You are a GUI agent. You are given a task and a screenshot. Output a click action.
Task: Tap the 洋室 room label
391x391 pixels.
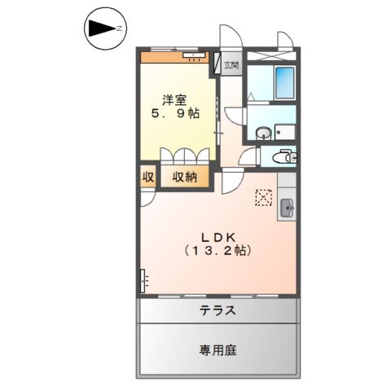tap(174, 100)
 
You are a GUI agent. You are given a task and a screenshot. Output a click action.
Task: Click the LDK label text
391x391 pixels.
tap(216, 235)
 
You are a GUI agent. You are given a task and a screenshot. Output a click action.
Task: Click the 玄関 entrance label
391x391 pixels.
tap(232, 64)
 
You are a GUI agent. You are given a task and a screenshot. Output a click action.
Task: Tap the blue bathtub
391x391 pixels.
tap(285, 81)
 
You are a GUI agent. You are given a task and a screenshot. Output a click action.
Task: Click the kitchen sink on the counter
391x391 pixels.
tap(288, 208)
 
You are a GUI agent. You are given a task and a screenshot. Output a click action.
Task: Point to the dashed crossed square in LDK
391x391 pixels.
tap(264, 197)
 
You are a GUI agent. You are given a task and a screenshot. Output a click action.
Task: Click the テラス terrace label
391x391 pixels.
tap(217, 310)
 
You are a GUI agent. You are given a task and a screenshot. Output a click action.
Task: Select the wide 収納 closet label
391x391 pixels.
tap(184, 177)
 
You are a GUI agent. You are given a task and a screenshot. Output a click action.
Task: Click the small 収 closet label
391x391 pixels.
tap(148, 177)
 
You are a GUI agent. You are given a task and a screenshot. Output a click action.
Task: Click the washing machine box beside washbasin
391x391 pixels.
tap(285, 131)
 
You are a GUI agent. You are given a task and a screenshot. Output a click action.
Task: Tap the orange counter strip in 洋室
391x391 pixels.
tap(174, 57)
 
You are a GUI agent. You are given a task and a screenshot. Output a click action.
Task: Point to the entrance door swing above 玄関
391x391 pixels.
tap(229, 41)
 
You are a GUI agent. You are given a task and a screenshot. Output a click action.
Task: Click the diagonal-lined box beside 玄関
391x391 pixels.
tap(217, 64)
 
